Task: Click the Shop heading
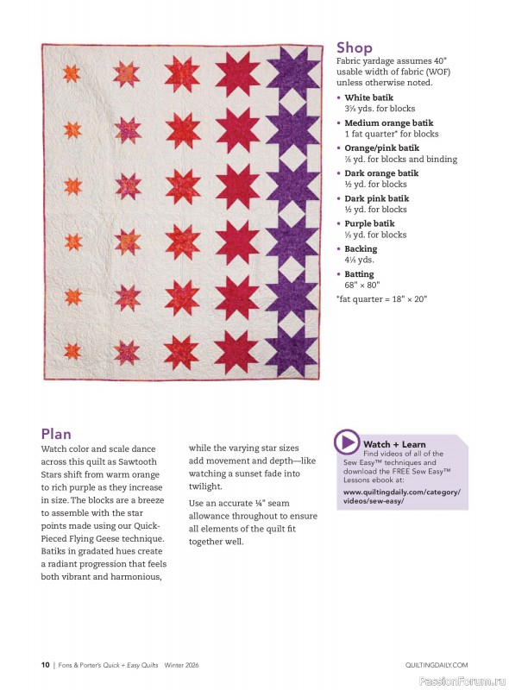coord(355,47)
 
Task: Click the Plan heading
coord(56,434)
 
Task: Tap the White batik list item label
coord(369,98)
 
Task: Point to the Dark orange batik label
coord(381,173)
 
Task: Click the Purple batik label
coord(369,223)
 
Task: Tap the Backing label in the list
coord(361,248)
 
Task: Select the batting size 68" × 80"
coord(362,285)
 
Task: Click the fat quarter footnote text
coord(381,299)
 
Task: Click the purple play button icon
coord(347,442)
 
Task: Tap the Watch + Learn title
coord(394,444)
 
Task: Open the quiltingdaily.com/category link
coord(403,496)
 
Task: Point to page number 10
coord(45,664)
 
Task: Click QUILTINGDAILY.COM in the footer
coord(436,664)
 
